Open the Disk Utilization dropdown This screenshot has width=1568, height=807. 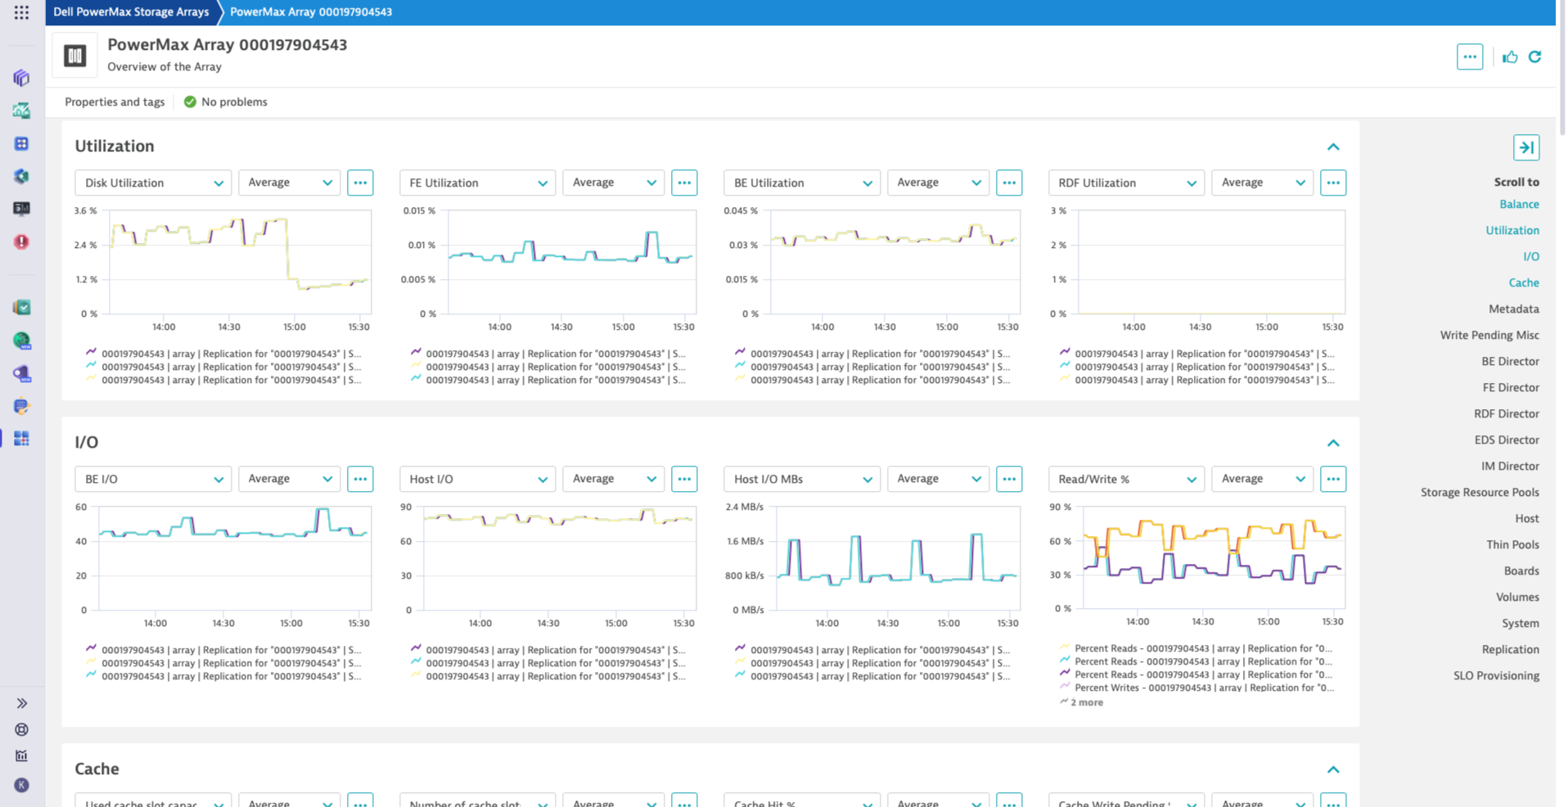click(x=152, y=183)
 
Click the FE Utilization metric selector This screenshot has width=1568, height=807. click(x=477, y=183)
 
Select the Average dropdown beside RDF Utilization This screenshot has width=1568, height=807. click(x=1261, y=183)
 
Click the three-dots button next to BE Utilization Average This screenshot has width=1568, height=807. click(x=1008, y=183)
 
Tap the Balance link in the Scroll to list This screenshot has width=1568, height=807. click(x=1518, y=204)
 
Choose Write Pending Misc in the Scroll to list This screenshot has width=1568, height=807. click(x=1489, y=335)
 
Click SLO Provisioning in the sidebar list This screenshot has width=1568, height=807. click(x=1495, y=675)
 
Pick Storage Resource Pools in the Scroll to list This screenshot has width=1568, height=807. click(x=1479, y=492)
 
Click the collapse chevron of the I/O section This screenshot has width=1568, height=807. click(x=1332, y=443)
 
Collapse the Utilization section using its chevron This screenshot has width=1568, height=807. click(x=1332, y=147)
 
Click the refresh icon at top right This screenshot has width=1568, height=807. click(x=1534, y=56)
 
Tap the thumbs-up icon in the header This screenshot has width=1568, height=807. click(x=1510, y=56)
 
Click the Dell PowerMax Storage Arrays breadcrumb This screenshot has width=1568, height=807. click(x=131, y=11)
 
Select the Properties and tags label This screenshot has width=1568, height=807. click(x=115, y=101)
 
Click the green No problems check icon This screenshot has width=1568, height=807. click(x=190, y=101)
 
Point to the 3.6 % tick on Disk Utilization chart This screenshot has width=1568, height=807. click(x=85, y=210)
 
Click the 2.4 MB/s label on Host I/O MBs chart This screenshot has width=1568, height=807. click(x=744, y=507)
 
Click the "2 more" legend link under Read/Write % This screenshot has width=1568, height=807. click(x=1085, y=702)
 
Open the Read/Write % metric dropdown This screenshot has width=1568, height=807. click(x=1125, y=479)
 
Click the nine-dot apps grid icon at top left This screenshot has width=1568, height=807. click(x=21, y=12)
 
